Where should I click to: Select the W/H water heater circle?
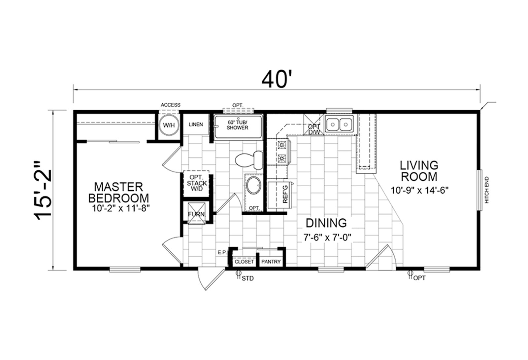click(169, 125)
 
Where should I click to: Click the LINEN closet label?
click(196, 124)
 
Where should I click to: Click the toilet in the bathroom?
click(249, 160)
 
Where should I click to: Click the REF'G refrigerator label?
click(285, 194)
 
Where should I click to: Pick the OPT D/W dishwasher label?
click(314, 129)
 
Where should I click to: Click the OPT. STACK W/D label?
click(197, 183)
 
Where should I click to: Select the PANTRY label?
click(271, 262)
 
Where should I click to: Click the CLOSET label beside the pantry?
click(244, 262)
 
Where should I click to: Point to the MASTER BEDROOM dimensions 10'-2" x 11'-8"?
click(121, 208)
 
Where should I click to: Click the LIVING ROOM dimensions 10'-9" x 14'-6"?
click(419, 190)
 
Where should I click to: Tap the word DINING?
click(326, 223)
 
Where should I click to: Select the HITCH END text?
click(487, 190)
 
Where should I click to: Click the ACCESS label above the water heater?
click(170, 105)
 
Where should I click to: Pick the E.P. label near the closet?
click(222, 252)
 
